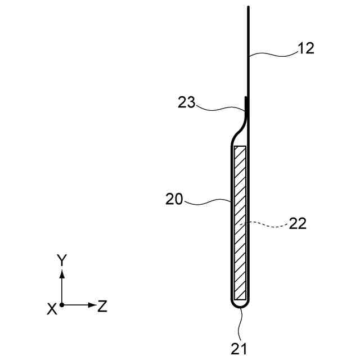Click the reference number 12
(x=306, y=49)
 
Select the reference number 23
(x=186, y=102)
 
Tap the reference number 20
(x=174, y=199)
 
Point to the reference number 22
(x=298, y=223)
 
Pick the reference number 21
(x=238, y=349)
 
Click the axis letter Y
(x=62, y=260)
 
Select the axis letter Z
(x=102, y=306)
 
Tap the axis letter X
(x=52, y=309)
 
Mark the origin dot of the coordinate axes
(x=61, y=305)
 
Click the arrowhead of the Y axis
(x=62, y=274)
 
